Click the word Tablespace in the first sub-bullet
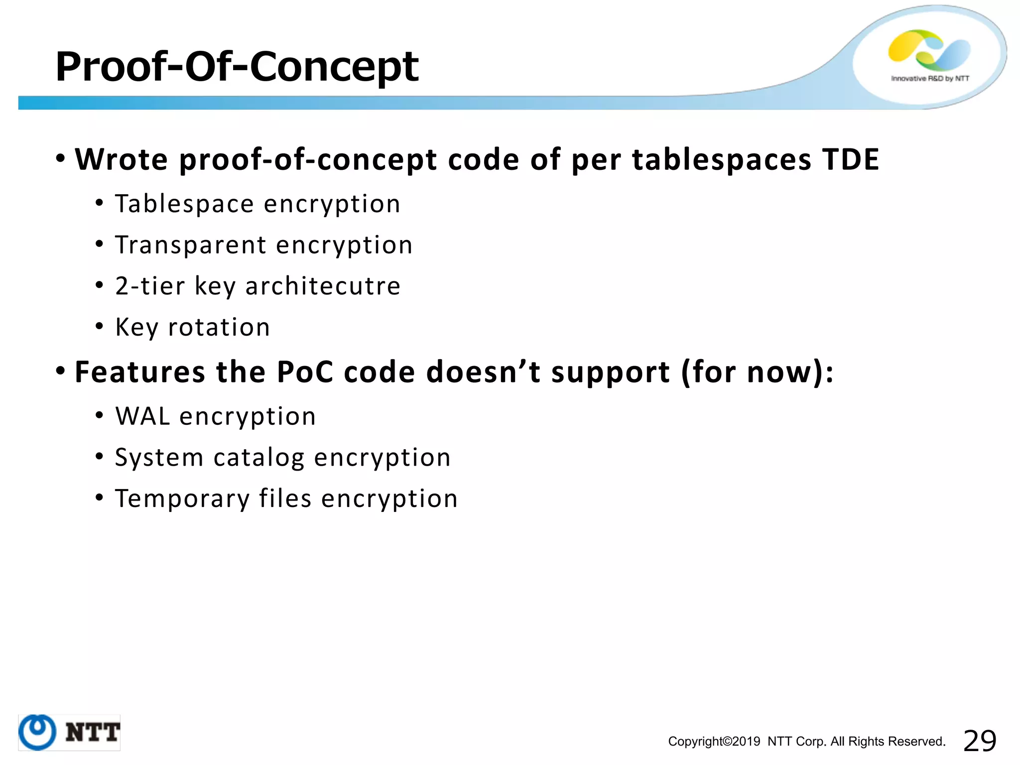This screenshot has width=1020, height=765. (x=184, y=204)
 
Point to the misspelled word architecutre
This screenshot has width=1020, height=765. (x=323, y=286)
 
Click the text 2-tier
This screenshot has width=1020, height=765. (x=150, y=286)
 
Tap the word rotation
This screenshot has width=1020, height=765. (x=219, y=327)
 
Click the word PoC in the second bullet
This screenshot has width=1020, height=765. (x=304, y=372)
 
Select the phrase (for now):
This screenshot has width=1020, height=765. (x=757, y=372)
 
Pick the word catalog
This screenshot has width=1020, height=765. (x=259, y=458)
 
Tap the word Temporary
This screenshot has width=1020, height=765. (x=182, y=499)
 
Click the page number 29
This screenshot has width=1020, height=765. (x=980, y=741)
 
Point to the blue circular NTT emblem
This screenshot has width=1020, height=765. (x=37, y=732)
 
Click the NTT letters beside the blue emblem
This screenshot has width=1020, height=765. (x=93, y=733)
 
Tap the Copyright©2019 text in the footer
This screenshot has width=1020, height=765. (x=714, y=742)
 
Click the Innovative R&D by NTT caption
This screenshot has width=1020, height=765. (x=930, y=79)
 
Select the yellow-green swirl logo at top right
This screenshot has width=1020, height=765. (x=929, y=50)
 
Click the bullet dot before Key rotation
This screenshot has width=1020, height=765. (x=100, y=327)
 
